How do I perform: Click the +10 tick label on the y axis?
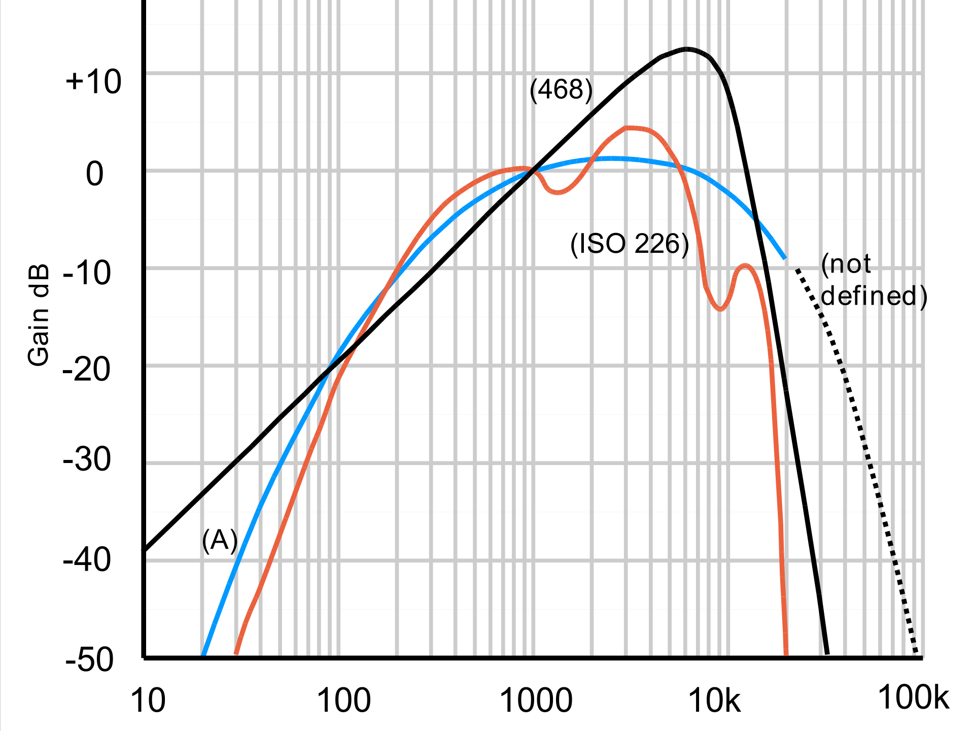point(93,82)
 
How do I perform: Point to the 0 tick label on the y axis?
point(95,174)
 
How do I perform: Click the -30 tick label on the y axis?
point(87,460)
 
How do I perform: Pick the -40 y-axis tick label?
point(87,560)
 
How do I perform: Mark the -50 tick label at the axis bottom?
point(89,660)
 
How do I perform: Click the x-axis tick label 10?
point(148,701)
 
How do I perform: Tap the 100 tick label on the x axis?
point(343,701)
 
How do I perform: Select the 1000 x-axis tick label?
point(536,701)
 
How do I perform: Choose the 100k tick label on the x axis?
point(913,698)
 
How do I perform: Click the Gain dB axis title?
point(39,315)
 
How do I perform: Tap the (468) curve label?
point(561,90)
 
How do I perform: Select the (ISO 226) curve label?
point(630,244)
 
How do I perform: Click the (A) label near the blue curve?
point(220,540)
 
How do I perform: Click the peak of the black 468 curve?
point(686,49)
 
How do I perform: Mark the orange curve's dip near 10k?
point(721,308)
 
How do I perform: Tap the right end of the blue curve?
point(785,258)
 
